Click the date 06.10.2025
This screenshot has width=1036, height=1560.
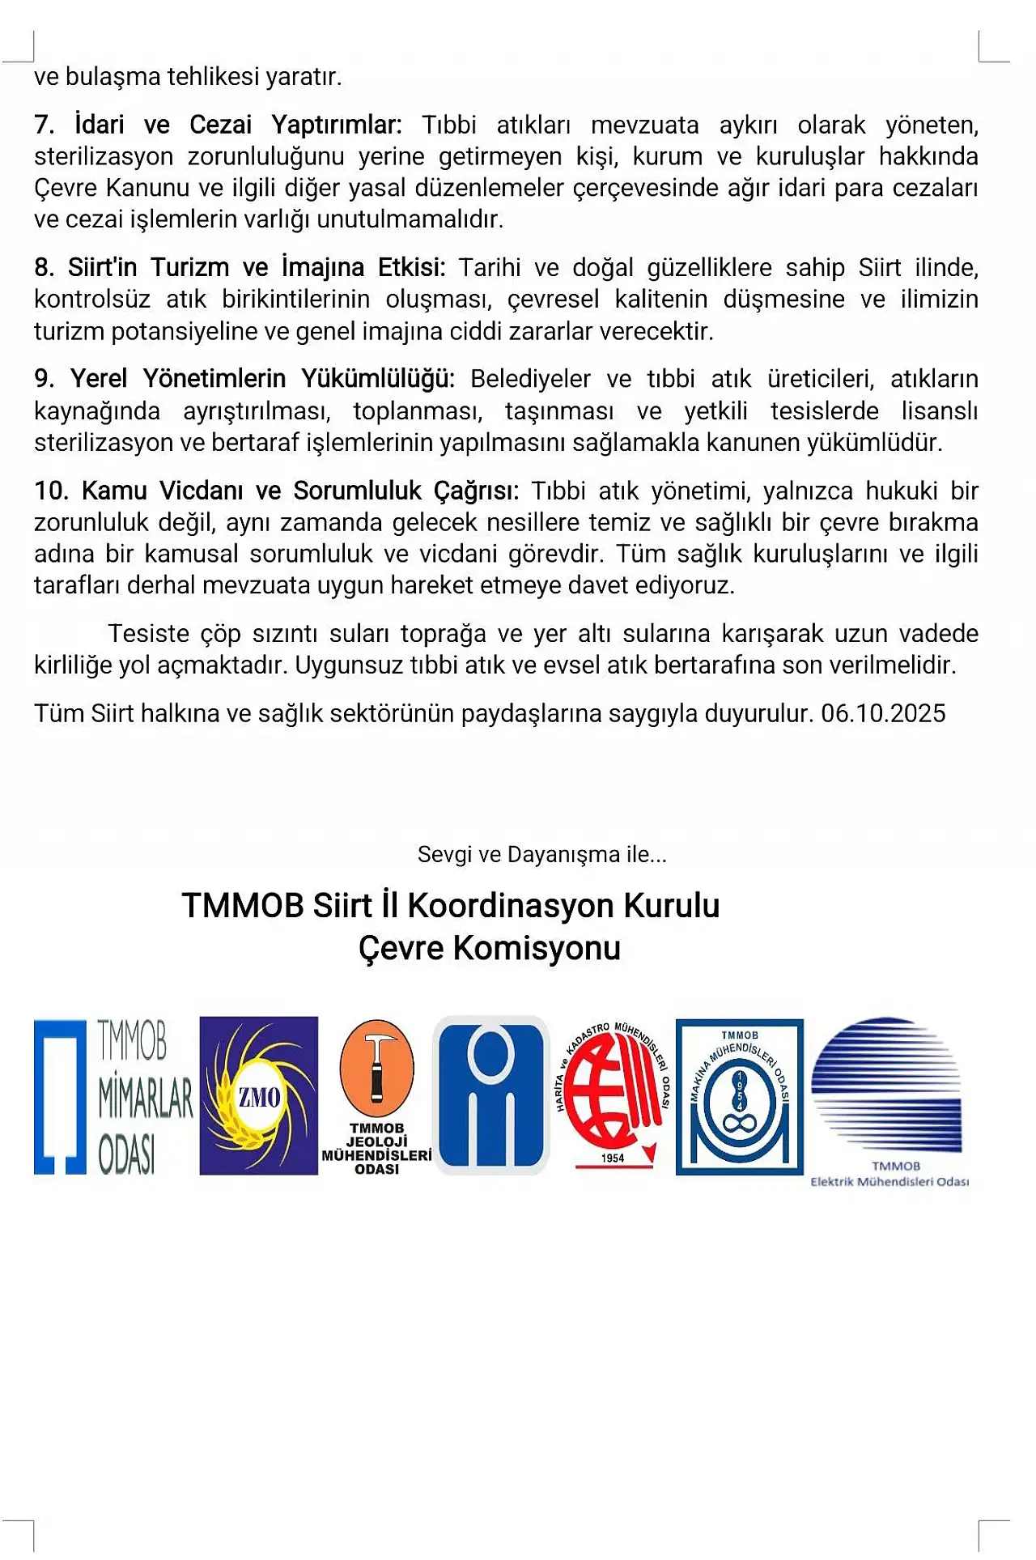883,713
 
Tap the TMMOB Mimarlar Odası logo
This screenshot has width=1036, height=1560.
113,1096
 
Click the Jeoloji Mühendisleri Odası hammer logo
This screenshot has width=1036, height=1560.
376,1096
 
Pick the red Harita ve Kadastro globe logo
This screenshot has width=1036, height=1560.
613,1093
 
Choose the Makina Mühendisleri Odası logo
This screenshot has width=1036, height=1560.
739,1096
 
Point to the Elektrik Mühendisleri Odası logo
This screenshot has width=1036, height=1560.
889,1101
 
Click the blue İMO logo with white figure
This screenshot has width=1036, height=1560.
491,1095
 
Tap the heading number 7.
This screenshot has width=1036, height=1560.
45,125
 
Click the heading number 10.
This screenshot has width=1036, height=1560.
51,491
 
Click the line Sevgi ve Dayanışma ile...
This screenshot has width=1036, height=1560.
541,855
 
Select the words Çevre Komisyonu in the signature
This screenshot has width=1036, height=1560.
490,948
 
